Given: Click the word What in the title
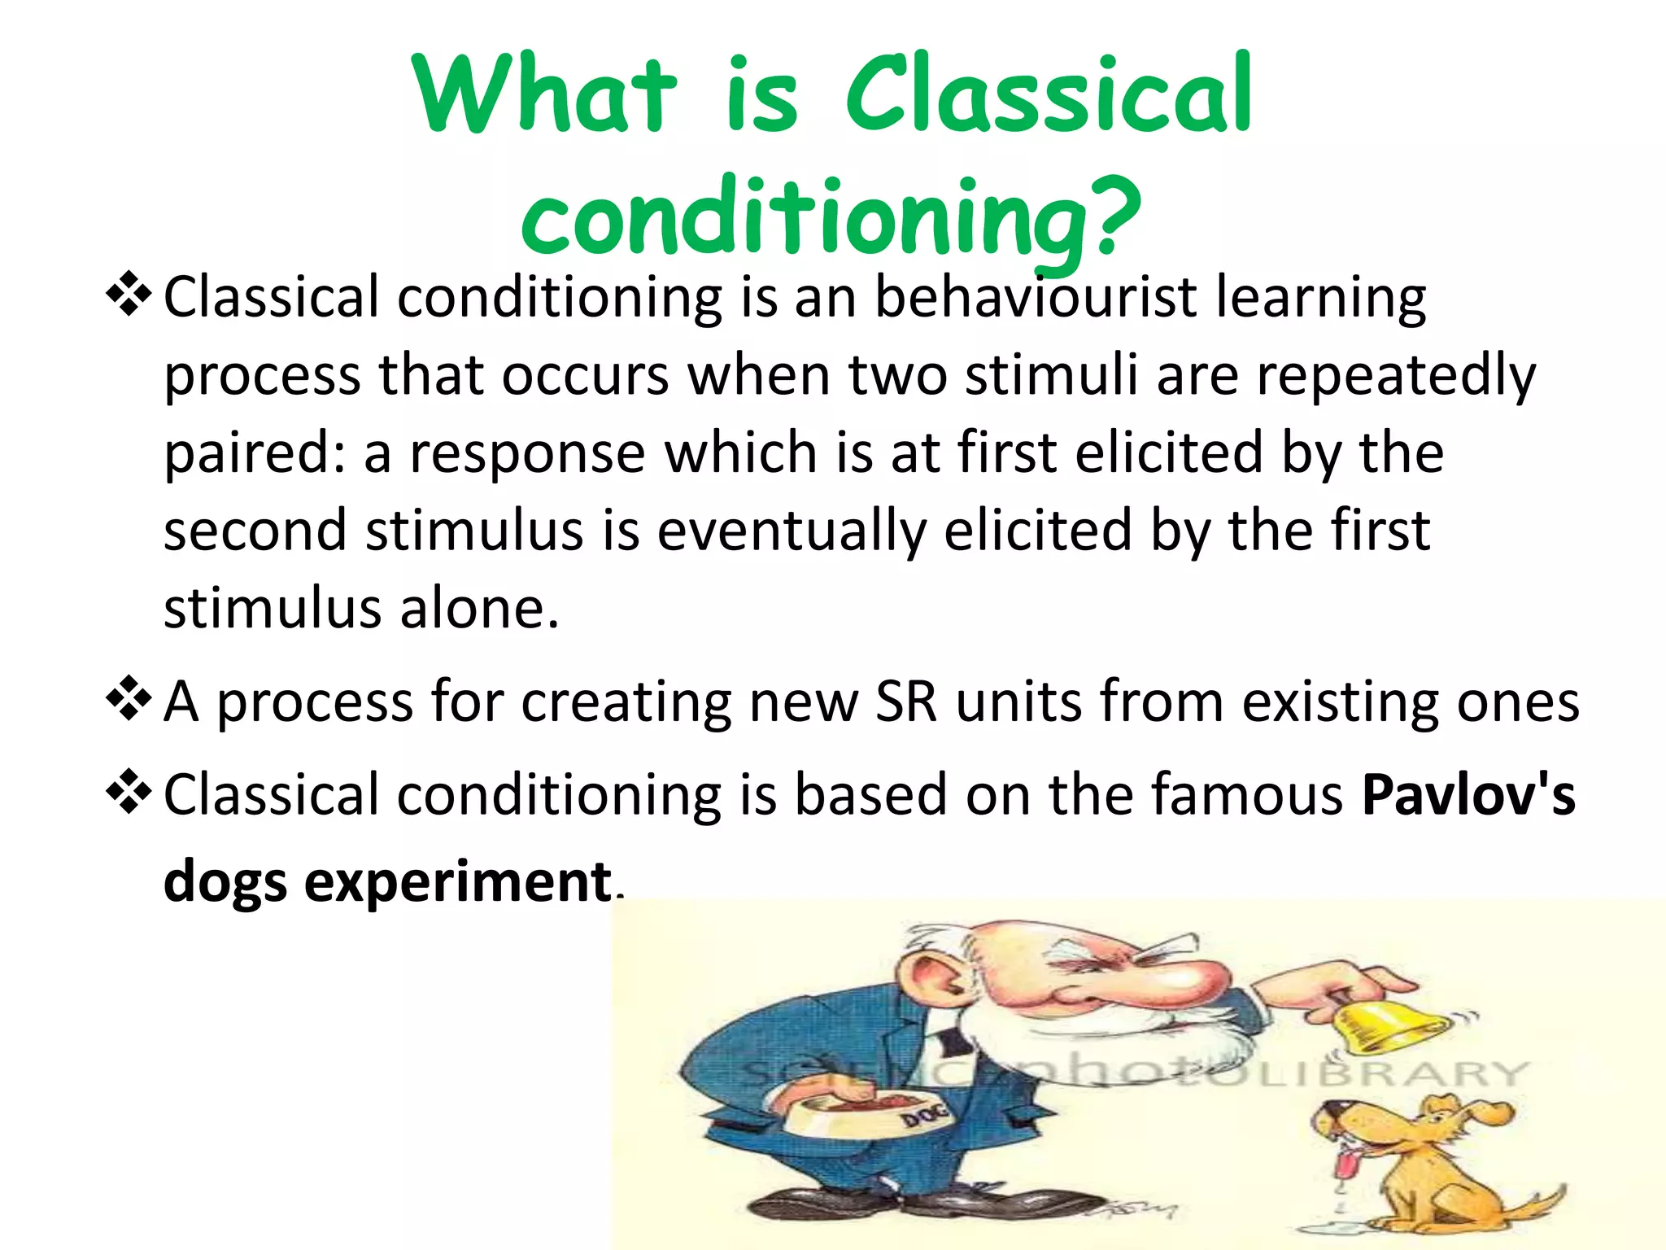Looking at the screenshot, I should pyautogui.click(x=543, y=94).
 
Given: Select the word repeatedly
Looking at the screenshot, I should pyautogui.click(x=1396, y=376).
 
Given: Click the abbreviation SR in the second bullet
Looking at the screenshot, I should pyautogui.click(x=905, y=701).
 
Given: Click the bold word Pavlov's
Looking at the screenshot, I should pyautogui.click(x=1468, y=794).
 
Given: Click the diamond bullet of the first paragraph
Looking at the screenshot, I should pyautogui.click(x=129, y=295).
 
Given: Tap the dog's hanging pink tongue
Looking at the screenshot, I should pyautogui.click(x=1350, y=1164).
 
